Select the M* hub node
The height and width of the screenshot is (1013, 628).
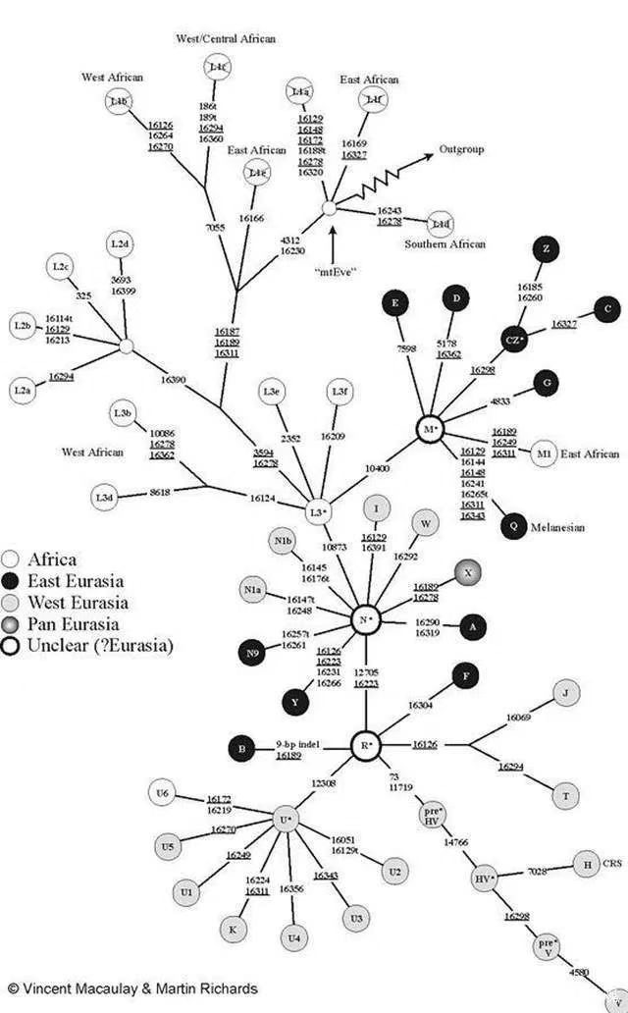[427, 430]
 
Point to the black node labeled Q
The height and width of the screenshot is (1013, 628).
[511, 526]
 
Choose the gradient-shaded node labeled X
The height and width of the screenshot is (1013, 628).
[468, 571]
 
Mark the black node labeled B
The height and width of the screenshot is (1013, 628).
[241, 748]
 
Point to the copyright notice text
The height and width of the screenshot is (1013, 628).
[131, 988]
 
